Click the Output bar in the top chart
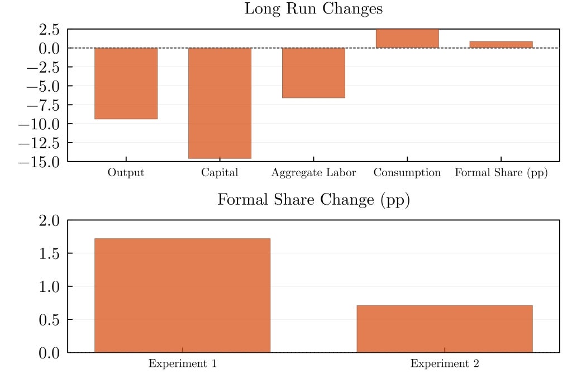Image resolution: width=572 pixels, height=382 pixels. tap(126, 83)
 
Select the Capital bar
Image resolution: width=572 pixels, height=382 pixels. tap(220, 103)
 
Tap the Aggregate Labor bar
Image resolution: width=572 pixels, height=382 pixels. tap(313, 73)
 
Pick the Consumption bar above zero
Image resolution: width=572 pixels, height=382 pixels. tap(407, 39)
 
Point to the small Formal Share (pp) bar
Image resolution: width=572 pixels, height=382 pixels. tap(501, 45)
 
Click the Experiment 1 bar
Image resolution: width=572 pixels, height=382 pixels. tap(182, 295)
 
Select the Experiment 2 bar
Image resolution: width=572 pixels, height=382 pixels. tap(445, 329)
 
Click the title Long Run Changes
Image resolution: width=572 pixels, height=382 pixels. tap(313, 9)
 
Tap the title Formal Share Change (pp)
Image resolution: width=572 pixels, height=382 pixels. tap(313, 200)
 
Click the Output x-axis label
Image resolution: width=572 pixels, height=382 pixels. tap(126, 173)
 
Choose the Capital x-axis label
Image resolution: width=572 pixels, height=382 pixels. tap(220, 173)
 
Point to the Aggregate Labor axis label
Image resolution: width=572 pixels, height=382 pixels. tap(313, 173)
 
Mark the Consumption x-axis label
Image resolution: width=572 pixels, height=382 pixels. tap(407, 173)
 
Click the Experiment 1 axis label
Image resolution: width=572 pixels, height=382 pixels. tap(182, 364)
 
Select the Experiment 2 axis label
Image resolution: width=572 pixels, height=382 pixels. tap(445, 364)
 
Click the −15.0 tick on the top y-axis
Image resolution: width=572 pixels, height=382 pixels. tap(41, 162)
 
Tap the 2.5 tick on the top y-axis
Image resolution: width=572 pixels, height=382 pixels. tap(49, 29)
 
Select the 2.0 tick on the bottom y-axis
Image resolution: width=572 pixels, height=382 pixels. tap(49, 220)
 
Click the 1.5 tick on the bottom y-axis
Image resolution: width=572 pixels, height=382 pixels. tap(49, 253)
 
